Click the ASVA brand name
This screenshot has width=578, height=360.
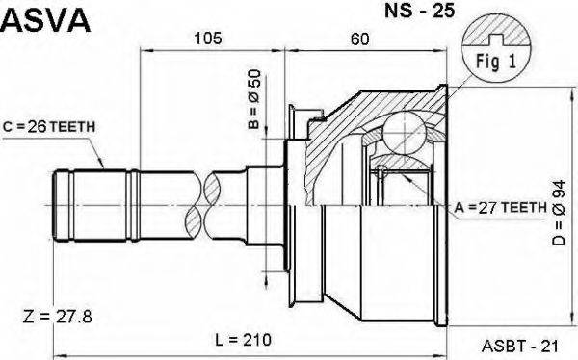coord(46,20)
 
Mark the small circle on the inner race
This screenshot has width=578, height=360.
coord(381,172)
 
